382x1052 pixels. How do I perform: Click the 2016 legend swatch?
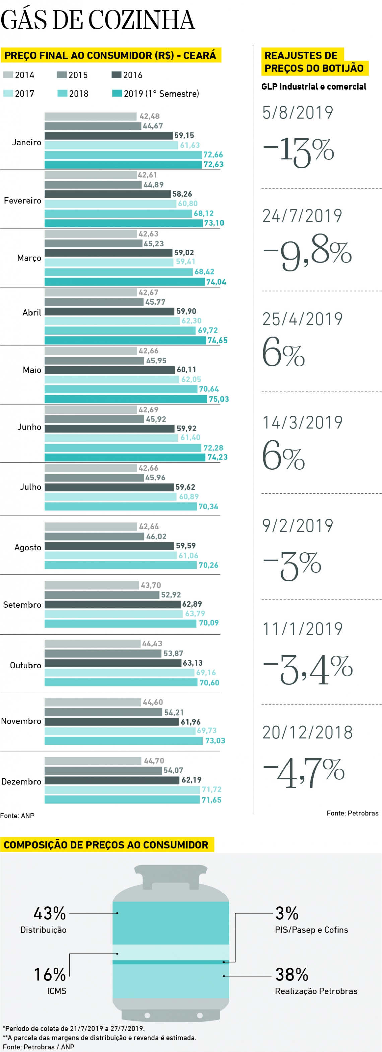(116, 75)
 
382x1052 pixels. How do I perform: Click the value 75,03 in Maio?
(219, 399)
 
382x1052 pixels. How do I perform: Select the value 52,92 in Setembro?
(171, 595)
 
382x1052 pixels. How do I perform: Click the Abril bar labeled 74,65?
(125, 340)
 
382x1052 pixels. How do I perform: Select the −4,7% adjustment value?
(304, 772)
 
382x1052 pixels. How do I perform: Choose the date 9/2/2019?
(298, 525)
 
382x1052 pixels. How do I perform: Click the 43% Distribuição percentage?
(49, 913)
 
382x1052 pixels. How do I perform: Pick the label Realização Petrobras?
(316, 991)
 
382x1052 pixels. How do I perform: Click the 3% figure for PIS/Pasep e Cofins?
(286, 913)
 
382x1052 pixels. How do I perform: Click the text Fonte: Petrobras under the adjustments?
(352, 813)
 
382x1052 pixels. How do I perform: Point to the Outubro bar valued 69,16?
(119, 672)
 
